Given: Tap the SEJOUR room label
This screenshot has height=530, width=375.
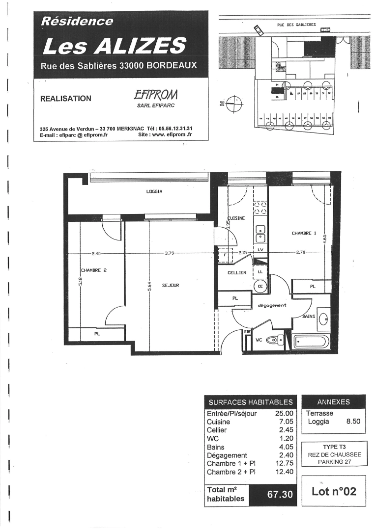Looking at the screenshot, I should point(170,285).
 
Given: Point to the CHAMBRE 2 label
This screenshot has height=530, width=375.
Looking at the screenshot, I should point(93,270).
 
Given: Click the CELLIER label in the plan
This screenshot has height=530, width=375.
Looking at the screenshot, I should point(236,273).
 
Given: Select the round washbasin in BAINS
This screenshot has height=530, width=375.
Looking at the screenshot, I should point(324,318).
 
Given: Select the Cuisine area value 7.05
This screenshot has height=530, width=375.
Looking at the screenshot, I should point(284,422).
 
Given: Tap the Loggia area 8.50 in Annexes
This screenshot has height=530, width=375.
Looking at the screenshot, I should point(353,421).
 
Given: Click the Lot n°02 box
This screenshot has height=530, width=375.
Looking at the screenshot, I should point(334,491).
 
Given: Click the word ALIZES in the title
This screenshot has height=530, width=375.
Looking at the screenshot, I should point(140,46).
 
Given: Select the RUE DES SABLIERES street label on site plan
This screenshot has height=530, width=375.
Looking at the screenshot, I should point(296,24).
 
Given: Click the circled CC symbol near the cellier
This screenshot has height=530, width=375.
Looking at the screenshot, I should point(259,287).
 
